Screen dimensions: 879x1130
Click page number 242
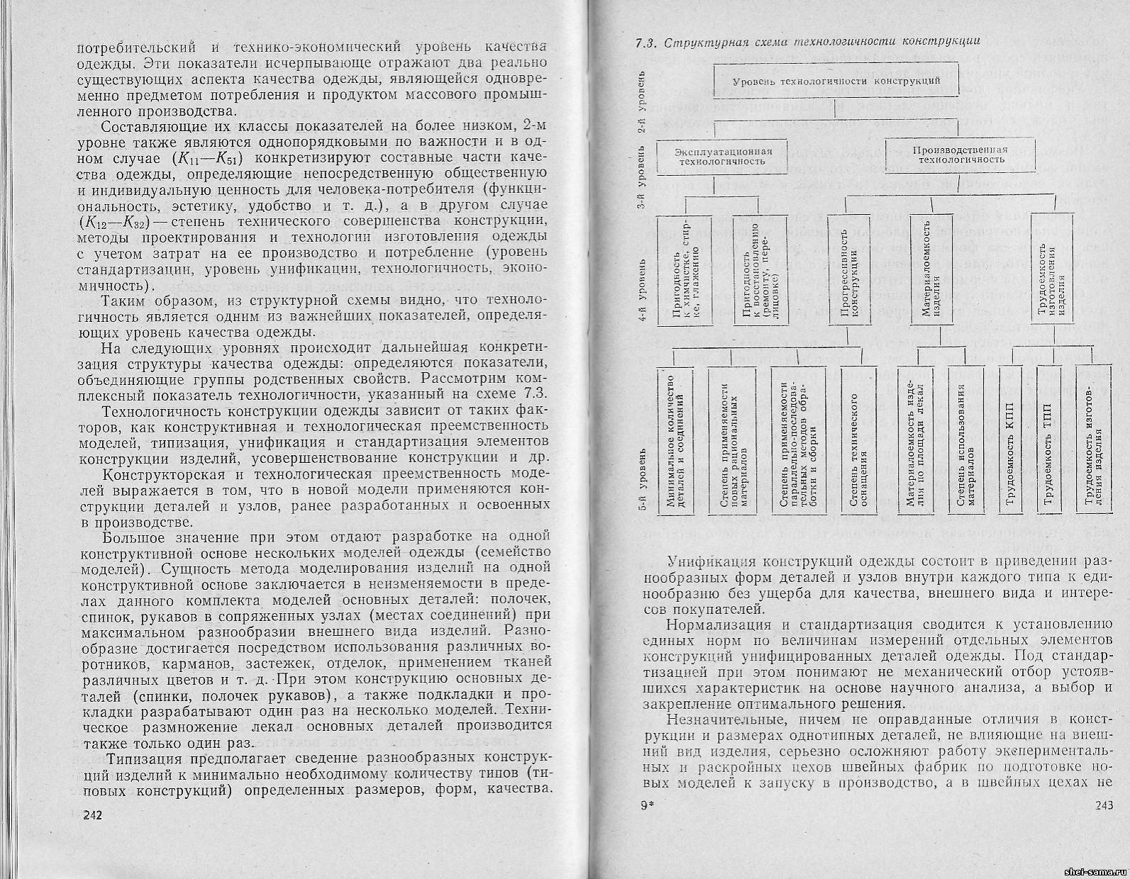[x=94, y=814]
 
